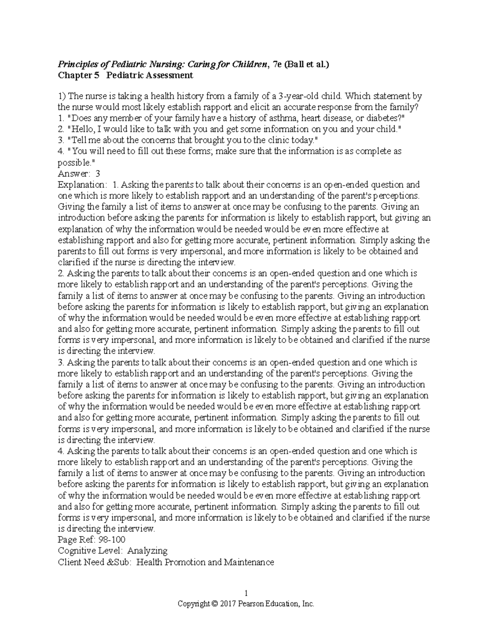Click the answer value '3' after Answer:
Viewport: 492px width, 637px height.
98,174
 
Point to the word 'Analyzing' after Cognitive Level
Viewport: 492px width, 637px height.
148,551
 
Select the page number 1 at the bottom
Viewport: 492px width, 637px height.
246,593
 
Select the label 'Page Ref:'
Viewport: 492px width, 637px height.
75,539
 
